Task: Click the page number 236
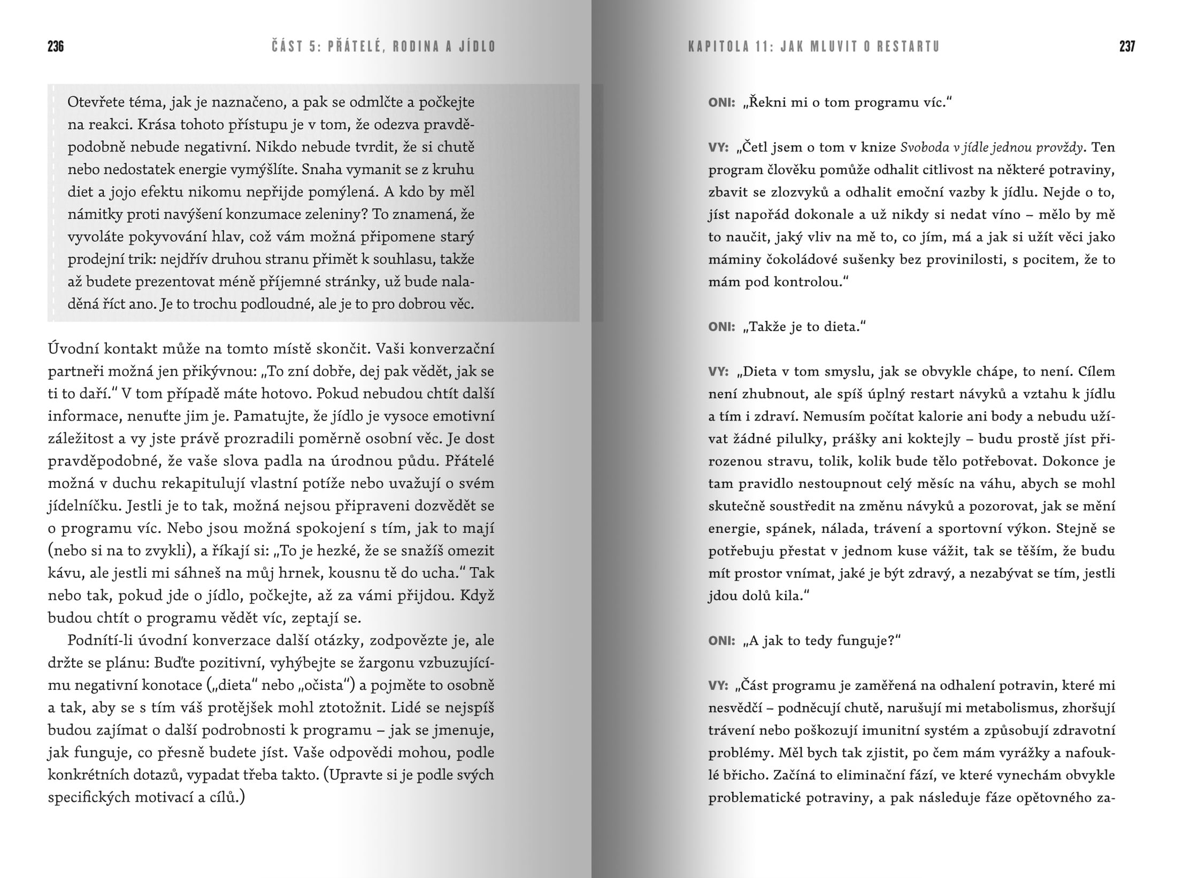pos(56,47)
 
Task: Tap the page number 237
pos(1127,47)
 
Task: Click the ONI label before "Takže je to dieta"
pos(721,326)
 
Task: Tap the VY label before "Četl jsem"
pos(718,147)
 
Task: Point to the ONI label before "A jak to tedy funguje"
pos(721,640)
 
